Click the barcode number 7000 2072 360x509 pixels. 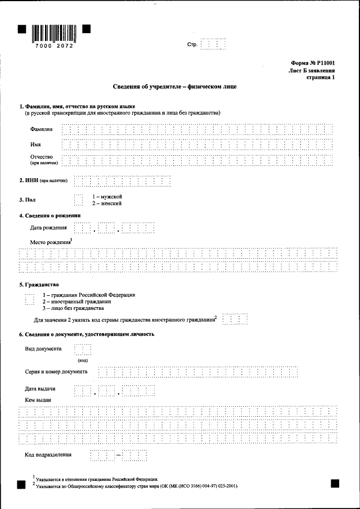click(53, 45)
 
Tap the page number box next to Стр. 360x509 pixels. click(214, 44)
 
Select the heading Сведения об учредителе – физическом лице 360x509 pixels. click(174, 87)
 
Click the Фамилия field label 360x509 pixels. click(42, 129)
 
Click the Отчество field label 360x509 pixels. click(42, 156)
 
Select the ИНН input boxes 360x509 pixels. click(122, 181)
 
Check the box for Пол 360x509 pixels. click(78, 200)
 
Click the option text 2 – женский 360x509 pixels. click(107, 203)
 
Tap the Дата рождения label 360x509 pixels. click(48, 228)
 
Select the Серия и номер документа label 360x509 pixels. click(56, 372)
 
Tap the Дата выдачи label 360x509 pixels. click(40, 389)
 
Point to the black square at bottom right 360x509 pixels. click(335, 483)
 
